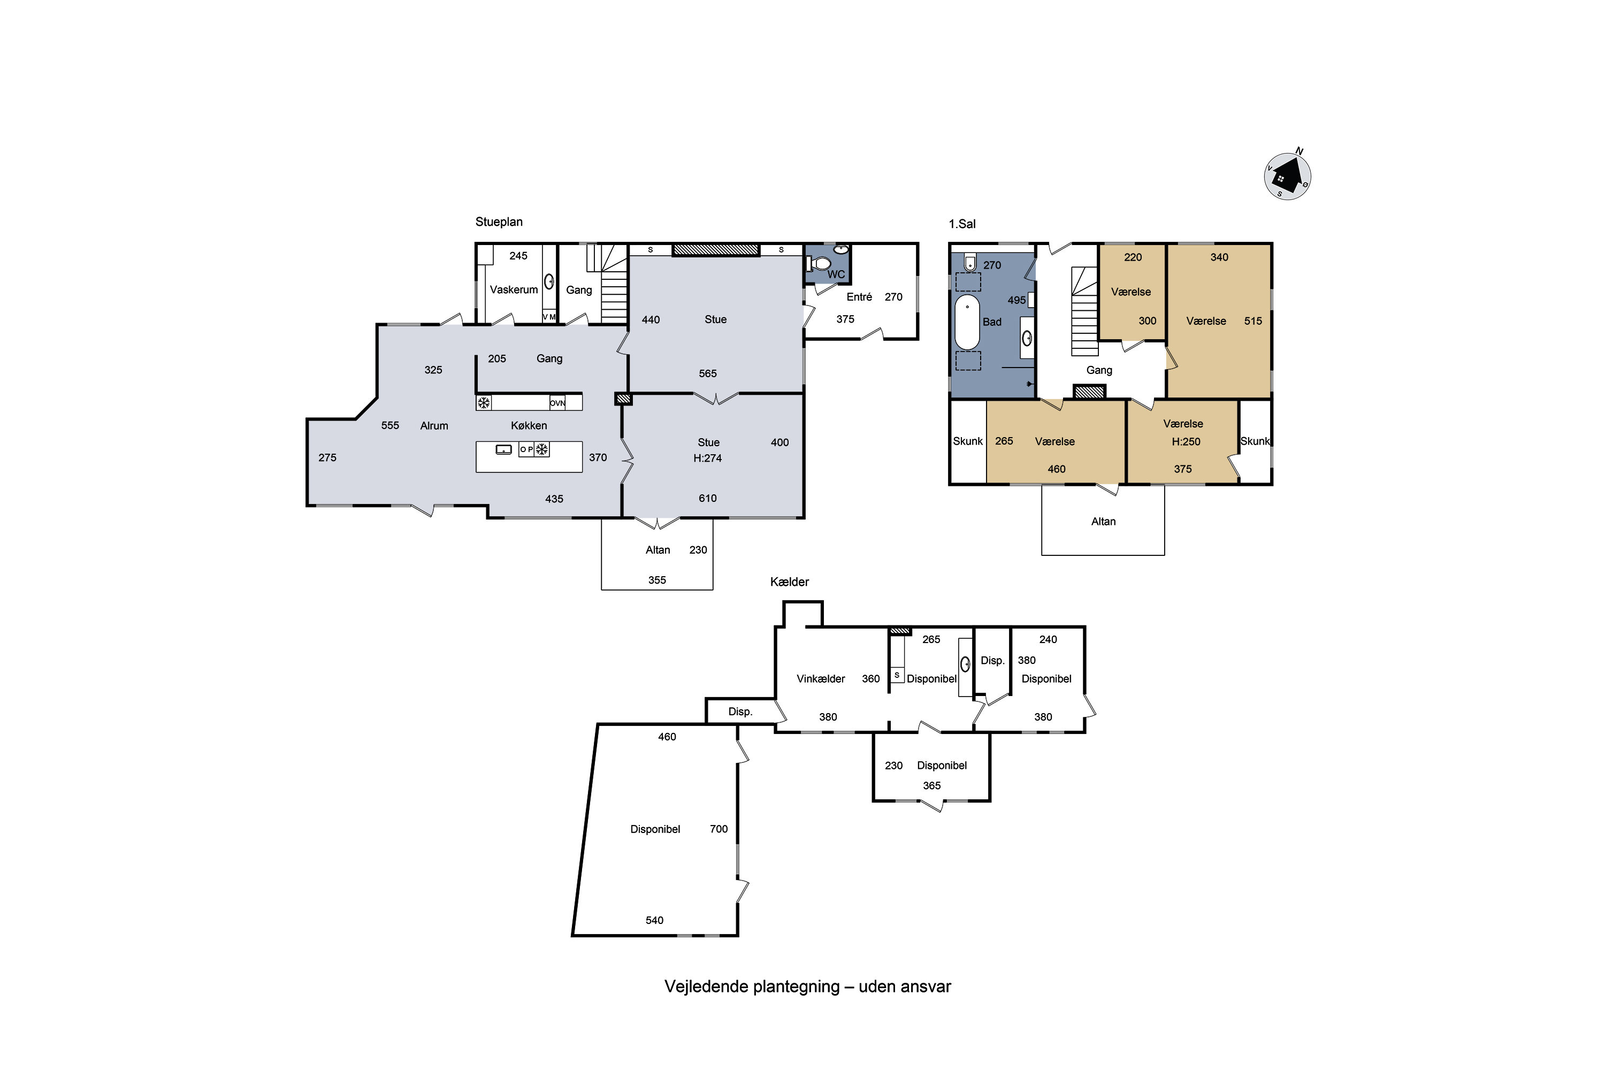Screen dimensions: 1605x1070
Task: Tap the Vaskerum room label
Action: coord(514,290)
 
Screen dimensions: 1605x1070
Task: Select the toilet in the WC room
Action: coord(819,263)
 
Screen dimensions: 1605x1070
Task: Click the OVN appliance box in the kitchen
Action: coord(557,403)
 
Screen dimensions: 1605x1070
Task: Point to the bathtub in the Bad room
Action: coord(967,322)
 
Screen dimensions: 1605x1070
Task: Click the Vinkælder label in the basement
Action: coord(821,679)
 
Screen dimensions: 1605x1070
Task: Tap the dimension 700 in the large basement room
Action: coord(719,829)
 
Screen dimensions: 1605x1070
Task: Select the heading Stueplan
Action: coord(499,223)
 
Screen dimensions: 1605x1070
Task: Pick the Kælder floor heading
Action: coord(790,582)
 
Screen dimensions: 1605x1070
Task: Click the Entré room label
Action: coord(859,297)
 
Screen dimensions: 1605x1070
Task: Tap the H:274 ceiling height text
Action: coord(708,458)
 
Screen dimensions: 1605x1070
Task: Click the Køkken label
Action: coord(529,426)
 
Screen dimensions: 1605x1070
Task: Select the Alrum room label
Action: coord(434,426)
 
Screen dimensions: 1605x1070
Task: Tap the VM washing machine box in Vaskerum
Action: coord(549,317)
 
